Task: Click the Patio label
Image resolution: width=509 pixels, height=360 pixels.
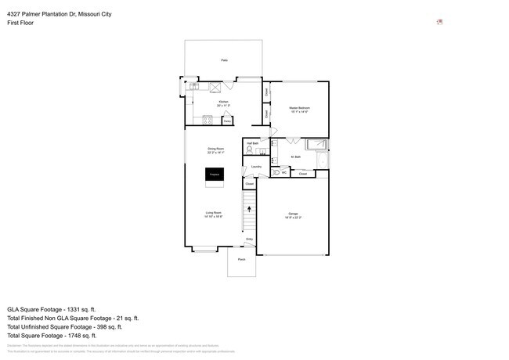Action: click(x=223, y=59)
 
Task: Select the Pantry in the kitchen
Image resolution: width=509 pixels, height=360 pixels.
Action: click(x=226, y=121)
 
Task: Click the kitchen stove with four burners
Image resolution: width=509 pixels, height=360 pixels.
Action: click(x=208, y=120)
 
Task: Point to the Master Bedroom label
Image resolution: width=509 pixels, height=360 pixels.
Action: click(x=298, y=109)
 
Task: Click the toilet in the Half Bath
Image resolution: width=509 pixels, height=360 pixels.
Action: click(x=250, y=149)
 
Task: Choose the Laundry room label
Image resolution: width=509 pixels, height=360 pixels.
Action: click(x=256, y=167)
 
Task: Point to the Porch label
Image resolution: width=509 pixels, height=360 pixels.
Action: click(x=241, y=259)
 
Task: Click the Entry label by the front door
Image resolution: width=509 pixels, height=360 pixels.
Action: click(x=250, y=239)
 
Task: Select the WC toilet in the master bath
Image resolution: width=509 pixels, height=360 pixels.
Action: click(x=276, y=172)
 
